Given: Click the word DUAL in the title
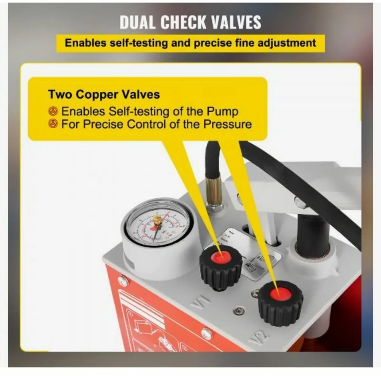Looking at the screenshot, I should [137, 22].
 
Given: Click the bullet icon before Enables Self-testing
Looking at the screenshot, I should [53, 111].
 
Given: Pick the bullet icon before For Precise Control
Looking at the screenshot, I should [53, 124].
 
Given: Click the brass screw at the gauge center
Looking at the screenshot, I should [157, 220].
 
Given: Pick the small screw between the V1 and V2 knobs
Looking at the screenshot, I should [237, 310].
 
